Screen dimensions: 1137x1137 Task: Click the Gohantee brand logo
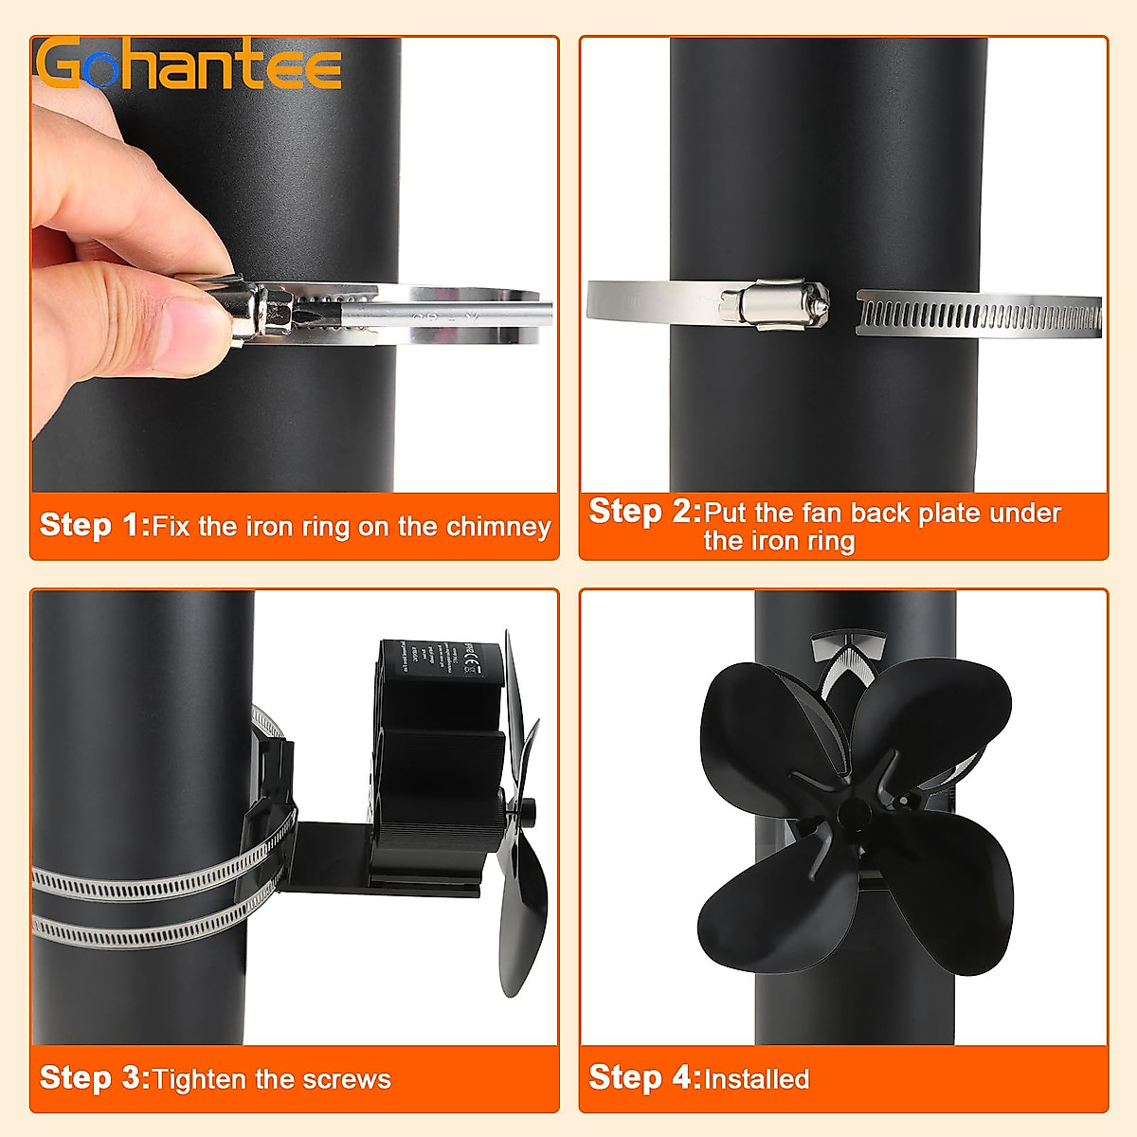coord(189,64)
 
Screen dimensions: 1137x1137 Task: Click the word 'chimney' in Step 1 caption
coord(498,527)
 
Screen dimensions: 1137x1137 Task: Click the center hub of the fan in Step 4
coord(852,813)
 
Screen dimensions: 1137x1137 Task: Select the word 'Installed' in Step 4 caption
coord(756,1079)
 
